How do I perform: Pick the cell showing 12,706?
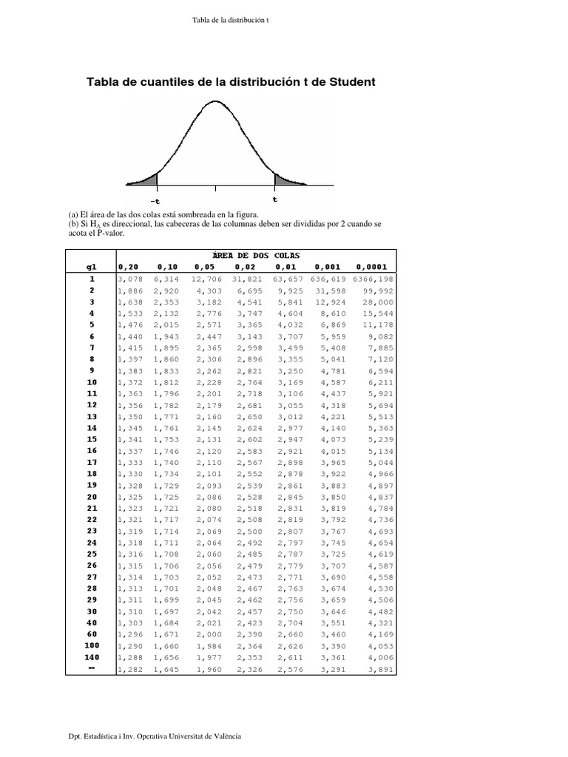[x=207, y=279]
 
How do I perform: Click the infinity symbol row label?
[x=92, y=668]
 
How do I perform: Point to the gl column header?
[x=92, y=267]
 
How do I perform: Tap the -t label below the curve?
[x=155, y=200]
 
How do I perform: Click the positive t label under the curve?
[x=275, y=198]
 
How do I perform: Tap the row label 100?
[x=92, y=645]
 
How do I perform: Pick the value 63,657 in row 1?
[x=288, y=279]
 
